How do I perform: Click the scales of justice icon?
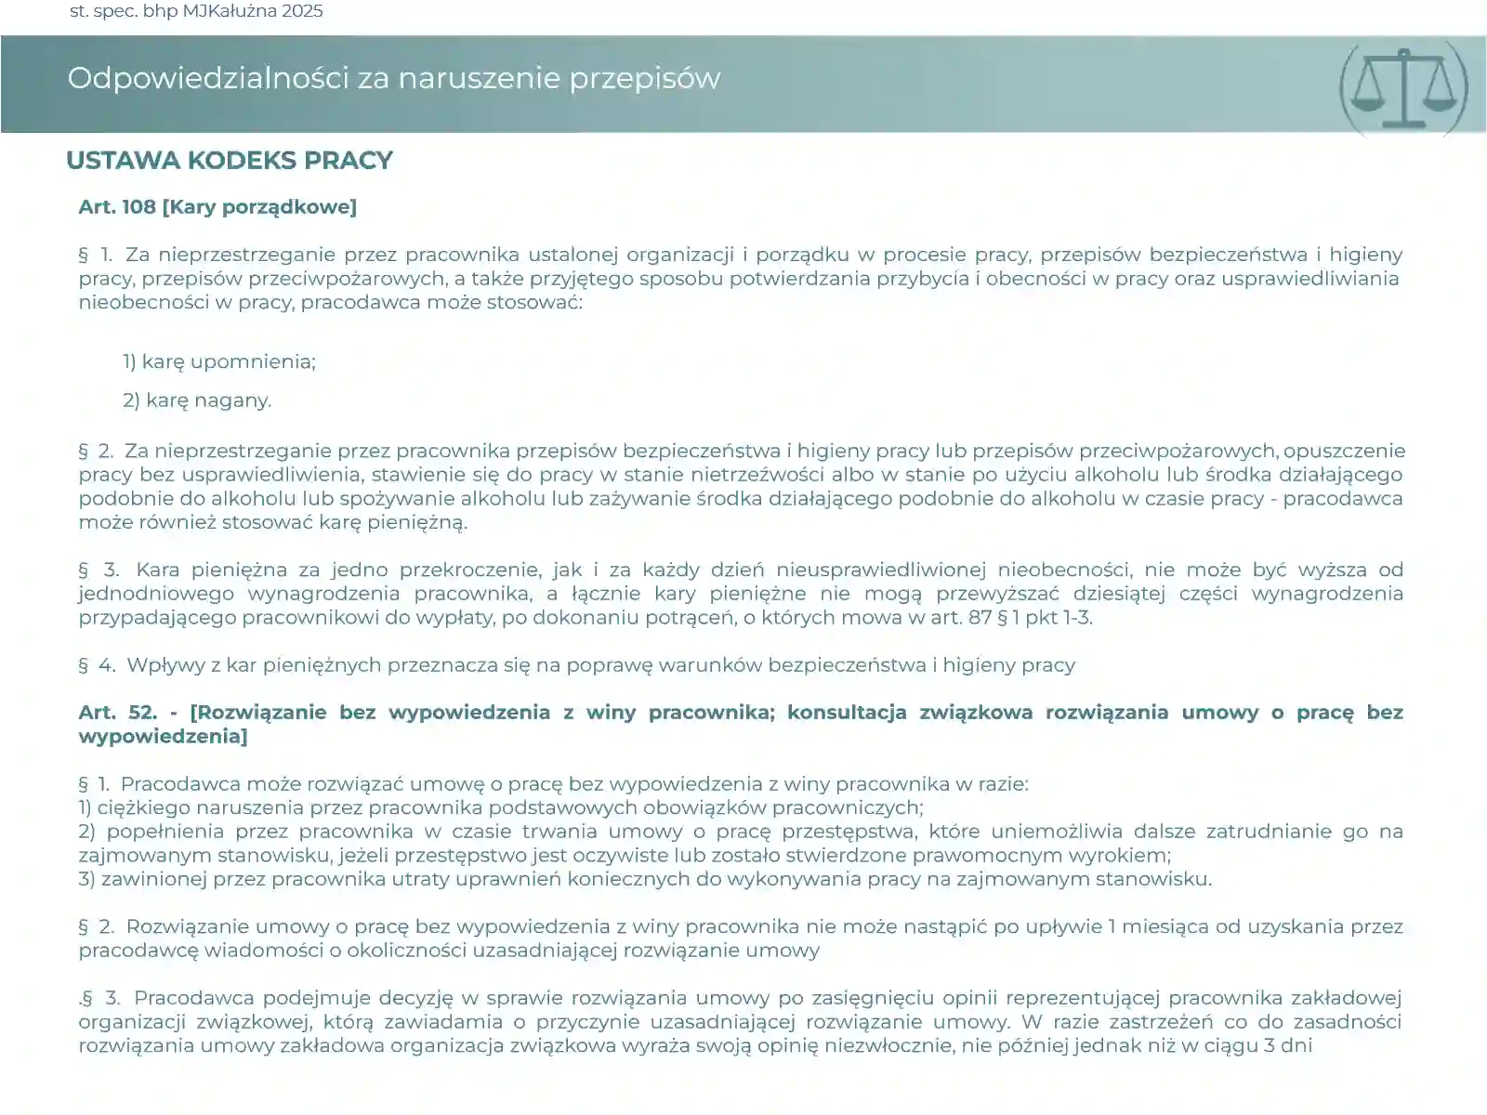coord(1403,86)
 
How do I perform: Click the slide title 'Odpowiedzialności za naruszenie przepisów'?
coord(393,78)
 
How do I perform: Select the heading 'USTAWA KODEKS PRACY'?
coord(229,160)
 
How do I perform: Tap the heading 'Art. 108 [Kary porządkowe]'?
coord(217,206)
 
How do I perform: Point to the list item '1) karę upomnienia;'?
coord(219,361)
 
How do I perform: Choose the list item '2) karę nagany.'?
coord(197,400)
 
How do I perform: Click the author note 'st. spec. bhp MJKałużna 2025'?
coord(196,11)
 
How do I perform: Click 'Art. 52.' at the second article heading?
coord(118,713)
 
